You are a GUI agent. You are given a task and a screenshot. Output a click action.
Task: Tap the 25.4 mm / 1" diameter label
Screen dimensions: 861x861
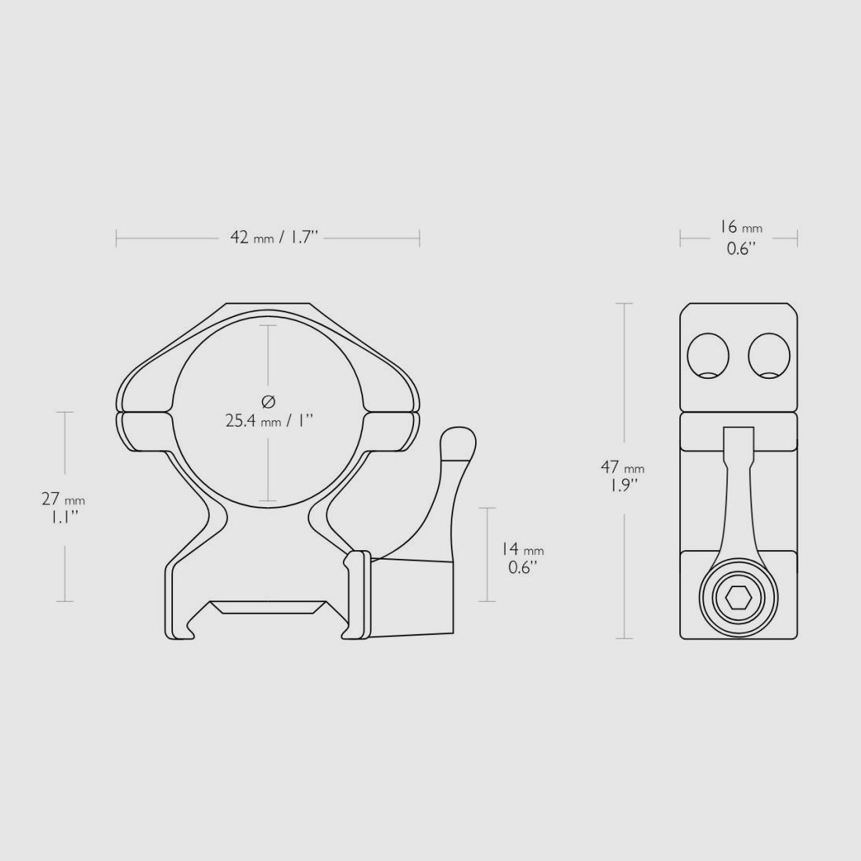(x=268, y=420)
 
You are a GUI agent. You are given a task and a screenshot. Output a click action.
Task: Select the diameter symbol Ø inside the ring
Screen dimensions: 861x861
(x=268, y=402)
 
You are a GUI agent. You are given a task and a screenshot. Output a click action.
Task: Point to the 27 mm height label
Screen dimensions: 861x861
(x=63, y=499)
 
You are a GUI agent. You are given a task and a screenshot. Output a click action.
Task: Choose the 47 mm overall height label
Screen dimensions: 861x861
(x=622, y=467)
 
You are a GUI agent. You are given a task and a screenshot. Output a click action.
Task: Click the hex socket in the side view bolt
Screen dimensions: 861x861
(x=739, y=599)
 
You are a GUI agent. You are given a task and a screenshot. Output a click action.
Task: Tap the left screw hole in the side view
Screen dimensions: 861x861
(x=708, y=356)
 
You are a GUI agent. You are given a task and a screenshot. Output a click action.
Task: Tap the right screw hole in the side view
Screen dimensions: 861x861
(x=769, y=356)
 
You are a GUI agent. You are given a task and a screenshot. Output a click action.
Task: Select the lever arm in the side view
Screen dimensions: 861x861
(x=738, y=501)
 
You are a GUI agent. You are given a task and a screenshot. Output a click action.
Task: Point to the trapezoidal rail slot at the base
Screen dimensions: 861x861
(x=268, y=608)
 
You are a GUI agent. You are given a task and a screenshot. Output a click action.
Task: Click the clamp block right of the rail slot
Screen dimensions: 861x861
(x=411, y=596)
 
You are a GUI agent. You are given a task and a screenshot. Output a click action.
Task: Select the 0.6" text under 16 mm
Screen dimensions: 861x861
(x=740, y=249)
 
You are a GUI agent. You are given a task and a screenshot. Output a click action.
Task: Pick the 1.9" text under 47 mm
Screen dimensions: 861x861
(x=622, y=485)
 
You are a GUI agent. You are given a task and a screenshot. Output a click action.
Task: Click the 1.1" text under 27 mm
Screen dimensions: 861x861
(x=63, y=517)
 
